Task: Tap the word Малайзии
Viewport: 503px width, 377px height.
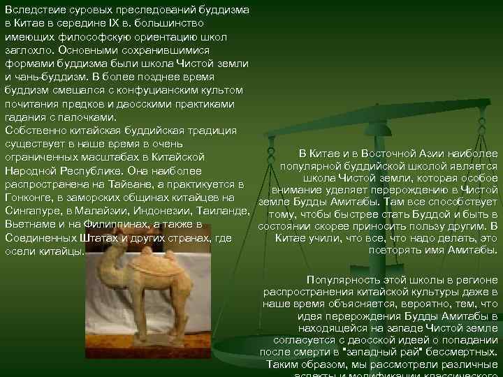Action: point(91,211)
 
